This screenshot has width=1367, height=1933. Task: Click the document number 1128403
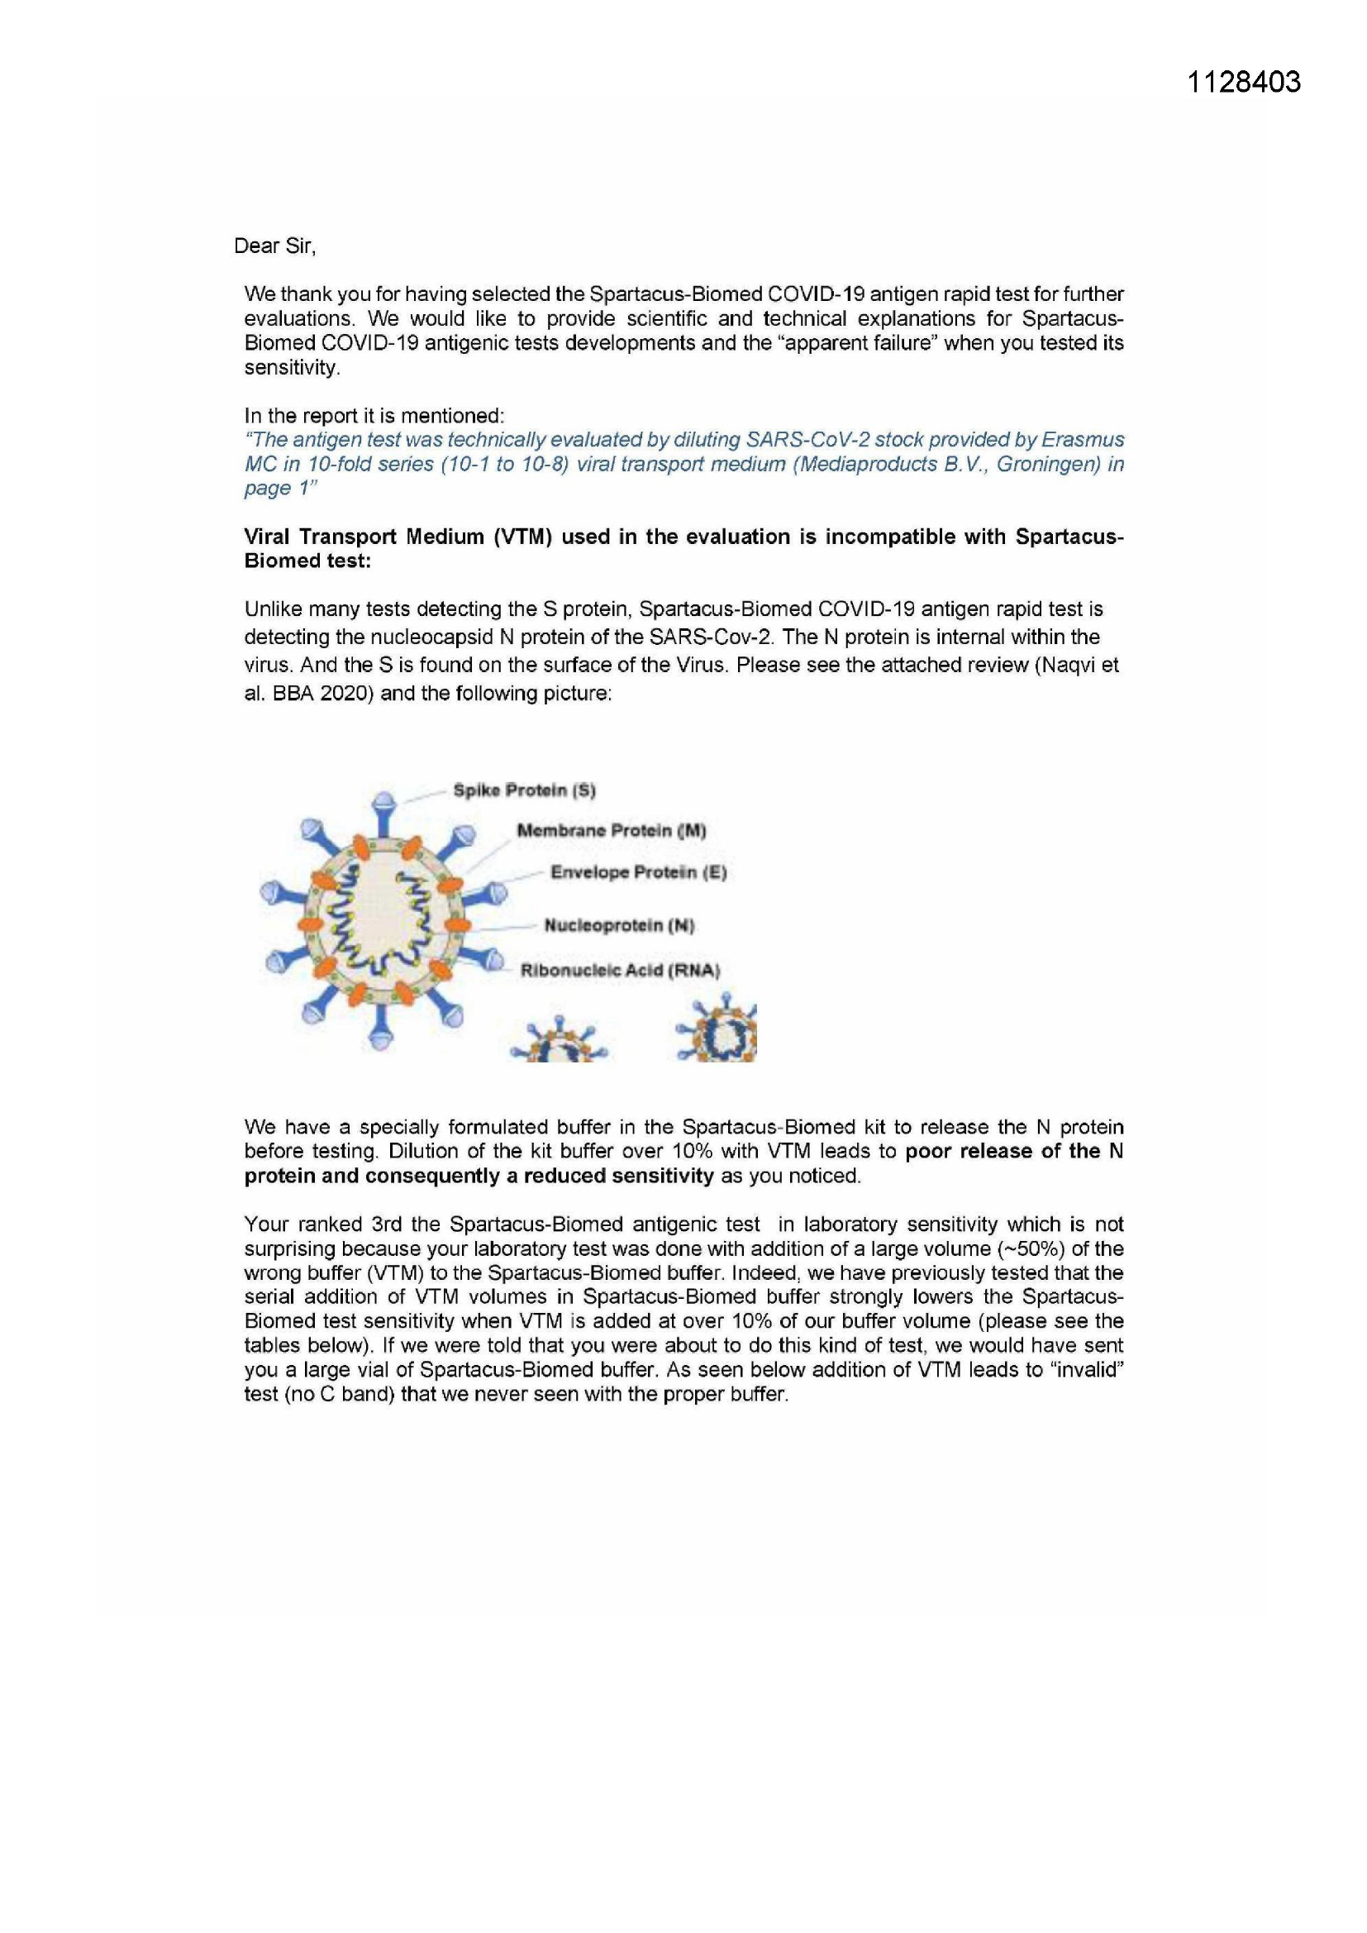(x=1243, y=83)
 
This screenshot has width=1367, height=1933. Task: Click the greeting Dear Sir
(x=274, y=246)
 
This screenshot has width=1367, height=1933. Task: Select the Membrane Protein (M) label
(x=611, y=831)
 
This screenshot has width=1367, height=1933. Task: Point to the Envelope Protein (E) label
(x=638, y=872)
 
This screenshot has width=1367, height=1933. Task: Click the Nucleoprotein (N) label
(x=619, y=925)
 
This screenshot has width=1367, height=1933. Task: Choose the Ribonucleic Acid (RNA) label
(x=621, y=970)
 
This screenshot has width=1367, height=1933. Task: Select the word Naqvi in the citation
(x=1067, y=665)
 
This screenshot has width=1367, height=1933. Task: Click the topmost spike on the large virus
(x=383, y=801)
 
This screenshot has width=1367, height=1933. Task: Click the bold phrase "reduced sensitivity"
(x=619, y=1176)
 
